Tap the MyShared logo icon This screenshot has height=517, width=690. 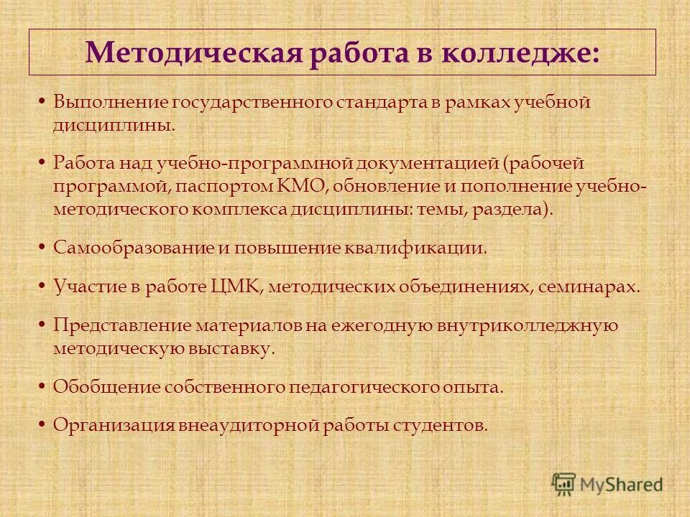click(x=563, y=483)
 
